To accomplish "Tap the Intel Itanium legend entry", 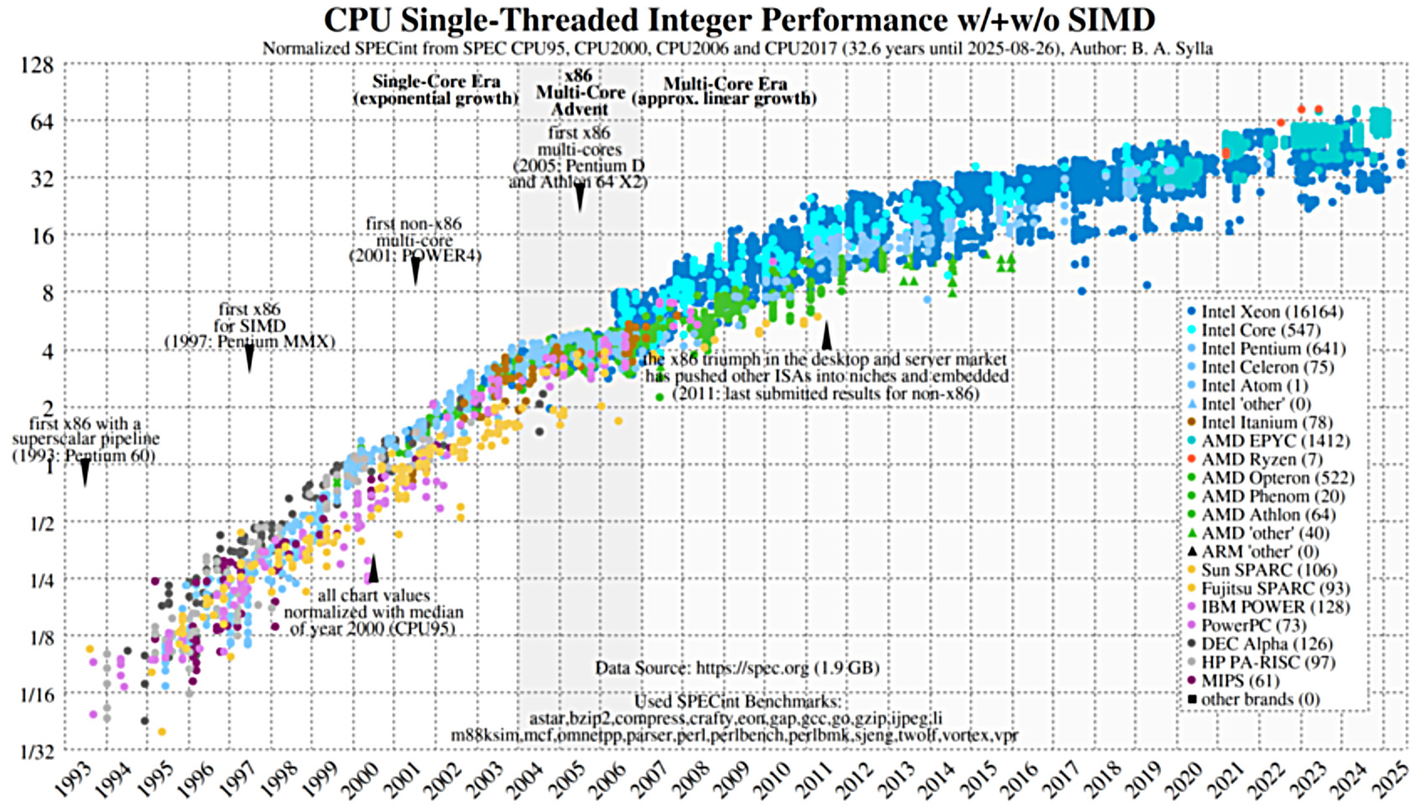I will (x=1267, y=423).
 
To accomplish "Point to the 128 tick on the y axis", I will (x=37, y=65).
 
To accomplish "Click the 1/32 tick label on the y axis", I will (x=37, y=752).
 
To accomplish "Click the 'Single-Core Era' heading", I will (x=436, y=82).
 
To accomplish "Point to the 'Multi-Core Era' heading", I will (x=725, y=84).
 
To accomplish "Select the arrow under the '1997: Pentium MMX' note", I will (x=249, y=359).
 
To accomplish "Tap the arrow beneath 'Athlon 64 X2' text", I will (x=580, y=199).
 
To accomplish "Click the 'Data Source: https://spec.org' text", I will (x=737, y=669).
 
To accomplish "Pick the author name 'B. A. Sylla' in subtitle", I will (x=1171, y=49).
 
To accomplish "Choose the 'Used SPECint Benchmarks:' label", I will (x=736, y=701).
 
